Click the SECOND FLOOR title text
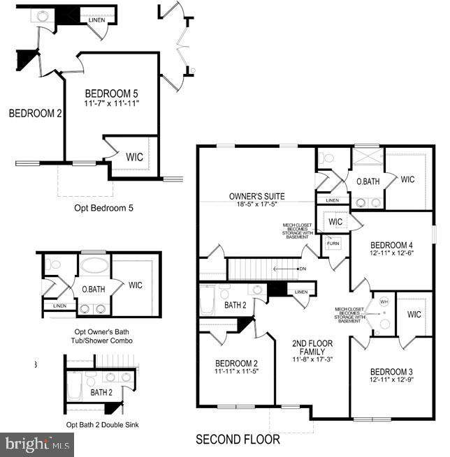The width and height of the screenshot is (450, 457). tap(238, 440)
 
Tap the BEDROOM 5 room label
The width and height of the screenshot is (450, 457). tap(112, 93)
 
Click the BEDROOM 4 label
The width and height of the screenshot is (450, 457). tap(391, 244)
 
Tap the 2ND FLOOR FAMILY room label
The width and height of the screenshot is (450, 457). tap(312, 348)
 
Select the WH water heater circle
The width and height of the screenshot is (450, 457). tap(383, 301)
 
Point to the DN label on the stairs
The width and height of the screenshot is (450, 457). tap(302, 268)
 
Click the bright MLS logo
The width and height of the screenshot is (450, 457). tap(37, 443)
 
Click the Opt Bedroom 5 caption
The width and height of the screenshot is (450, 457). tap(103, 208)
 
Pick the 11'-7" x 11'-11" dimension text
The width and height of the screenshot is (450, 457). tap(112, 104)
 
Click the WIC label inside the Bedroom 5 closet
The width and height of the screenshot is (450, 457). tap(134, 158)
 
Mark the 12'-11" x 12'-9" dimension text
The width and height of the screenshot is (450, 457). tap(391, 380)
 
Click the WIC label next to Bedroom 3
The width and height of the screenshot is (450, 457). tap(414, 314)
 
